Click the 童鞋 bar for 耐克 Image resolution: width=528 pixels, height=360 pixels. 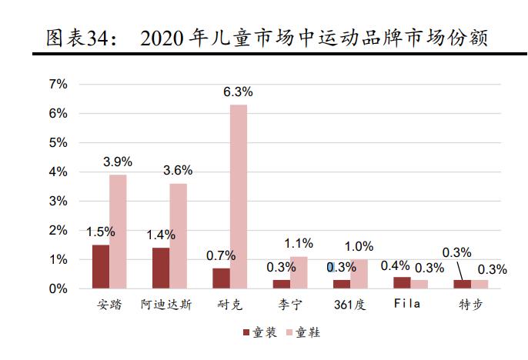[239, 196]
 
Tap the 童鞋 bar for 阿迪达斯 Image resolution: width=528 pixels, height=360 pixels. [178, 236]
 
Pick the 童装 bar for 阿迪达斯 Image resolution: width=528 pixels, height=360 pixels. [160, 268]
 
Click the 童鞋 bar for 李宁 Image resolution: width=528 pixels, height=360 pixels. [299, 272]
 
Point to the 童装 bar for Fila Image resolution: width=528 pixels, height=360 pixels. [402, 282]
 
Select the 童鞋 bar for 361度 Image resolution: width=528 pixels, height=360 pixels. [359, 274]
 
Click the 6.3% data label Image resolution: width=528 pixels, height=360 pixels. [238, 92]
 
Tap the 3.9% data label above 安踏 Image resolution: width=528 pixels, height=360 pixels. [118, 162]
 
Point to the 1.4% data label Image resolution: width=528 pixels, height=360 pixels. [161, 234]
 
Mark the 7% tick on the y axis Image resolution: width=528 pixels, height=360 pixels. [59, 84]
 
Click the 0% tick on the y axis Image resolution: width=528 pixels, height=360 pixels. [59, 289]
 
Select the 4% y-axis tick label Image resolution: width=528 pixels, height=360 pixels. [59, 172]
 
